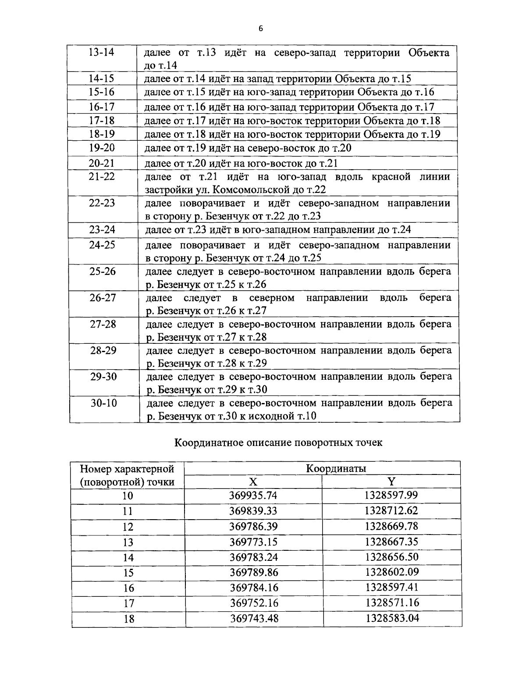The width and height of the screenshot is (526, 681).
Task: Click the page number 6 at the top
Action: (x=261, y=29)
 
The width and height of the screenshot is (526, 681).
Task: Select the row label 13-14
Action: (x=101, y=52)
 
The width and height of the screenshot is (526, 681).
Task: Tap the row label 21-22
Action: (x=101, y=176)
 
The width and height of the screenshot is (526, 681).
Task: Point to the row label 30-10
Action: (x=104, y=403)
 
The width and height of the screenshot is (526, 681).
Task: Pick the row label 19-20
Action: (x=101, y=148)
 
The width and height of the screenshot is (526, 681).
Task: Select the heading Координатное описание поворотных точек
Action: (x=278, y=442)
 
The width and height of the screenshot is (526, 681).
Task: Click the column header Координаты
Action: (x=336, y=468)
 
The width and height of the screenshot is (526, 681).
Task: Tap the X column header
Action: (x=253, y=482)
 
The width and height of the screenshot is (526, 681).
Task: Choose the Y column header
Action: (x=391, y=482)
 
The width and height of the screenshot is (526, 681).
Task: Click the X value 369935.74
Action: (x=254, y=496)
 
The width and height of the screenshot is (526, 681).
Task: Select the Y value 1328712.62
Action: (x=391, y=510)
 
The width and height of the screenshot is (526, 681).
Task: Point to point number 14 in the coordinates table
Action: (x=128, y=557)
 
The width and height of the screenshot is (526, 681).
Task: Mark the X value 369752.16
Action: (x=254, y=603)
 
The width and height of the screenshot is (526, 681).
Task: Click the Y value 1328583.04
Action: (x=392, y=618)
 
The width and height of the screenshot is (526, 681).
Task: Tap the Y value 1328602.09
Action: (x=392, y=572)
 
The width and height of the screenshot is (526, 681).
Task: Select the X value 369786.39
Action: (x=254, y=526)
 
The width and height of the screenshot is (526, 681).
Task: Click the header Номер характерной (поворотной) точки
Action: (x=127, y=475)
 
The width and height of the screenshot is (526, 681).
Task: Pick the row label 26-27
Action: (x=103, y=298)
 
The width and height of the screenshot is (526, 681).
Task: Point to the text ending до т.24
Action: (x=277, y=230)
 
